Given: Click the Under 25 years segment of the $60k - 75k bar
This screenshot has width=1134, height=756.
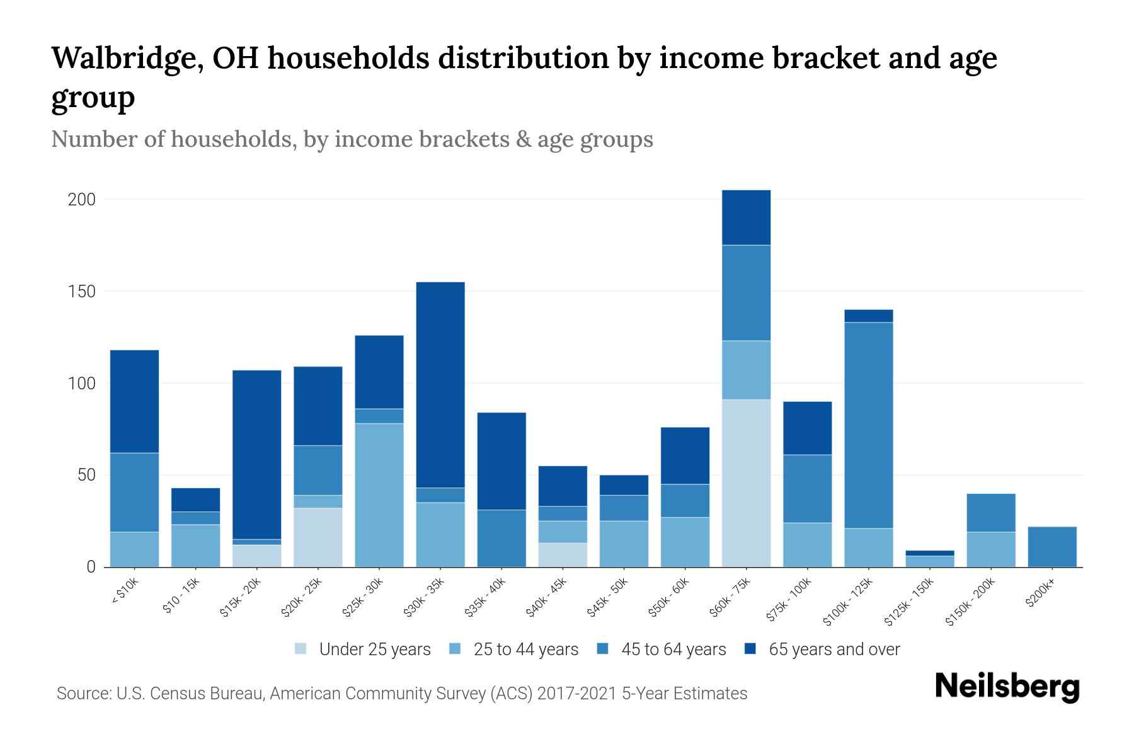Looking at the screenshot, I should point(746,483).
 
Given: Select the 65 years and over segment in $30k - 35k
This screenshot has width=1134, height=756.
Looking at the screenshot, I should point(440,384).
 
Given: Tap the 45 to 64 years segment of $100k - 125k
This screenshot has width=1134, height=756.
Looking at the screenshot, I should point(868,425).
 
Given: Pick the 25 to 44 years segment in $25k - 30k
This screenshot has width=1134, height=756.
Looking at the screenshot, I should point(379,495).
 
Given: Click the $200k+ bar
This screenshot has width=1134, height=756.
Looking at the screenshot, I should point(1052,547).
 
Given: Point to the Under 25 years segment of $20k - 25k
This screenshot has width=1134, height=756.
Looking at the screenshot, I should point(318,537).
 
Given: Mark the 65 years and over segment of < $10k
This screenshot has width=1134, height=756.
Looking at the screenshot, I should point(134,401).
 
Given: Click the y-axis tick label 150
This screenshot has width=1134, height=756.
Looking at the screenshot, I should point(81,292).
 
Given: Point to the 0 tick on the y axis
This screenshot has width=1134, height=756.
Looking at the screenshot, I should point(91,567).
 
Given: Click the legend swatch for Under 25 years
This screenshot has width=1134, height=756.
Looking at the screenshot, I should point(301,649).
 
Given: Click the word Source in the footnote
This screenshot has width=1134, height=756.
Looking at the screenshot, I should point(83,694).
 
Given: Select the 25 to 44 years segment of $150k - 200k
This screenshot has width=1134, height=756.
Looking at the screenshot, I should point(991,549).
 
